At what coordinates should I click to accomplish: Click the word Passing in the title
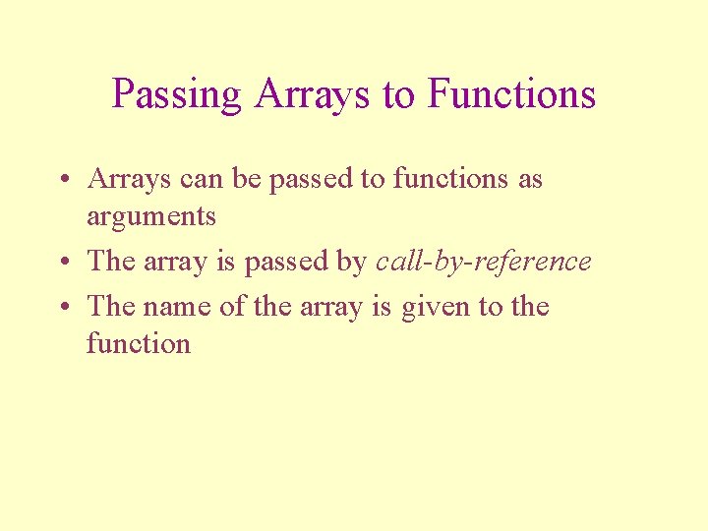coord(176,94)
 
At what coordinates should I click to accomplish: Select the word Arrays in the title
coord(312,94)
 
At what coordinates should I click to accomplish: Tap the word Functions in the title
coord(511,94)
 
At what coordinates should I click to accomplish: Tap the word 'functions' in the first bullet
coord(449,179)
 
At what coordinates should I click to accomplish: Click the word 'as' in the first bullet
coord(529,180)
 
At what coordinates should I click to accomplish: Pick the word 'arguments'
coord(150,217)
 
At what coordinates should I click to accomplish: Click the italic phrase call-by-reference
coord(483,262)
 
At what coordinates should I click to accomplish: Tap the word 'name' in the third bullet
coord(177,307)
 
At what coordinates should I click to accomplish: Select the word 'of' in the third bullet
coord(232,307)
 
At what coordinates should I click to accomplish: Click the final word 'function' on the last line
coord(138,344)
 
